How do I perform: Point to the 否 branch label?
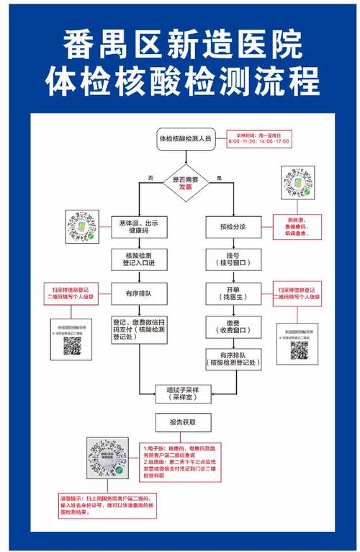pyautogui.click(x=150, y=177)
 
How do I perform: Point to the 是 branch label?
pyautogui.click(x=219, y=177)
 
